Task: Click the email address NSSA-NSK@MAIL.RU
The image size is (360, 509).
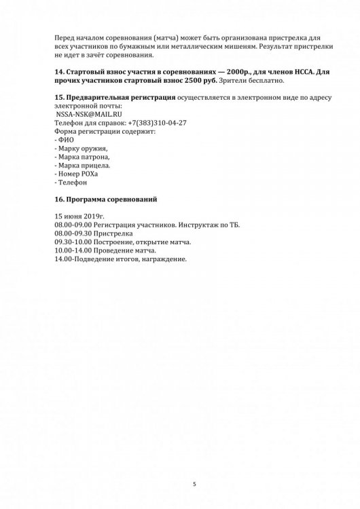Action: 88,115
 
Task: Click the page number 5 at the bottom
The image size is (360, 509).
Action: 194,484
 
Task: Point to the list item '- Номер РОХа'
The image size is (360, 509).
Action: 74,174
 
